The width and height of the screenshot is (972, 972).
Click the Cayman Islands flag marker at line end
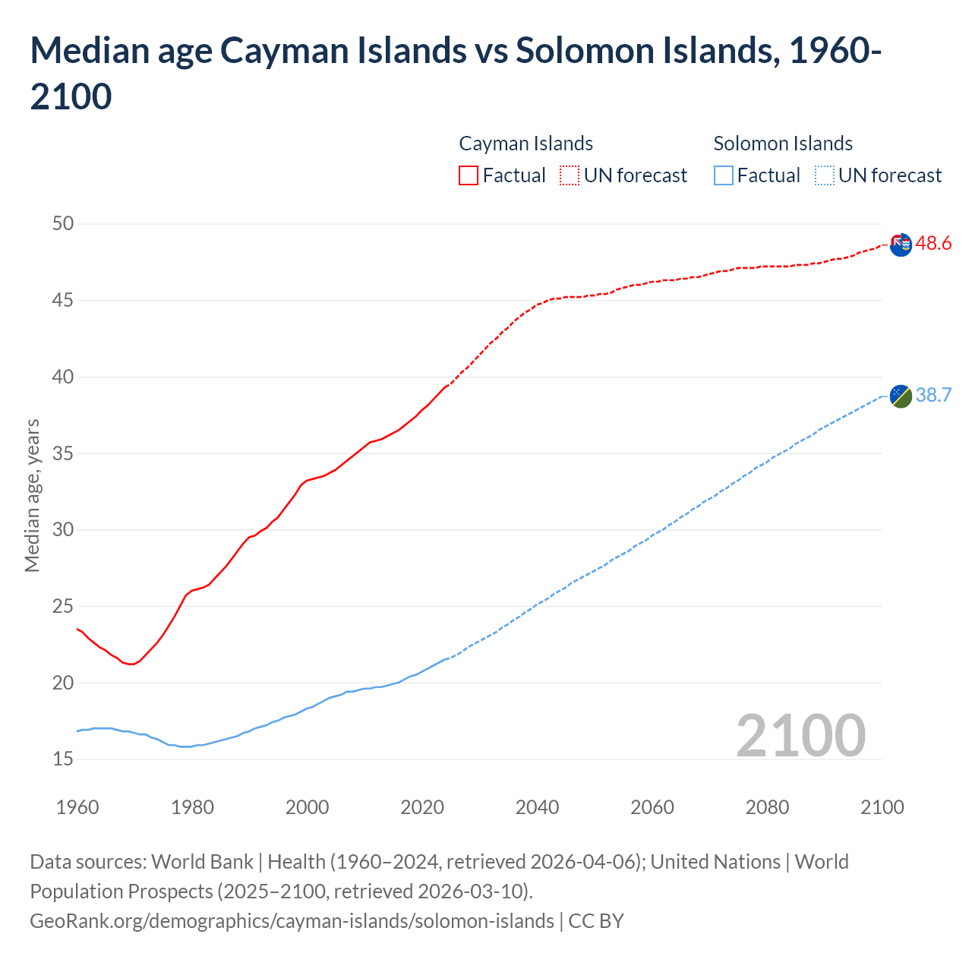point(900,245)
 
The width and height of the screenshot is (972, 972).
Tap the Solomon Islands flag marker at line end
point(900,396)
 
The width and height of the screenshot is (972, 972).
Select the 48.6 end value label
point(933,244)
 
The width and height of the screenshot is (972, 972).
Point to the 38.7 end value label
point(933,396)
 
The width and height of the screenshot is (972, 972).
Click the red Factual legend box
point(469,175)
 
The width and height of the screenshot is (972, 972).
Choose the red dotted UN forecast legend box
point(570,175)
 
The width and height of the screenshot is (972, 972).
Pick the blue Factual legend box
point(724,175)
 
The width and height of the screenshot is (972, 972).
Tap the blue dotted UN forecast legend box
point(824,175)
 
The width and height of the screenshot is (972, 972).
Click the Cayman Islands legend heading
point(525,144)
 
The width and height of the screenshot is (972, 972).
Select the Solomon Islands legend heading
point(783,144)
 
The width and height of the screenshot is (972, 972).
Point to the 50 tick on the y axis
point(63,223)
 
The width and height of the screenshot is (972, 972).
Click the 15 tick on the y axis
point(63,759)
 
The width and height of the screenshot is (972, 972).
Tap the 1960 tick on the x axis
point(77,807)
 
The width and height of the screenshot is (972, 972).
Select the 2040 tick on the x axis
point(537,807)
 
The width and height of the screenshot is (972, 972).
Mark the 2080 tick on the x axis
point(767,807)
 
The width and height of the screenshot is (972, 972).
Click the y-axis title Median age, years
point(32,495)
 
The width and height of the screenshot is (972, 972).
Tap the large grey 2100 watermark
point(800,735)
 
